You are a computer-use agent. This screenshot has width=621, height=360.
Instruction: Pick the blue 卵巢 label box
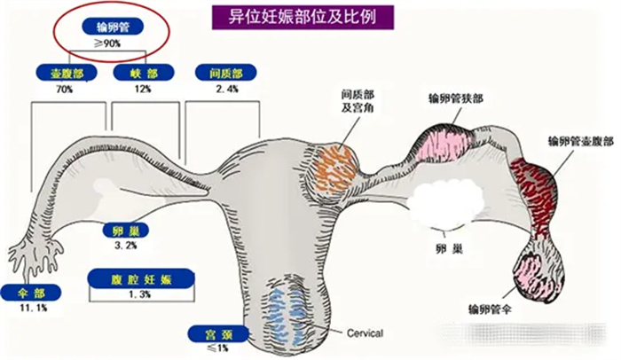tap(124, 231)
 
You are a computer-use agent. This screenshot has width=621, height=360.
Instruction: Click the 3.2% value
tap(124, 246)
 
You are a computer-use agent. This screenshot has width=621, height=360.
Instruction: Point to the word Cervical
tap(362, 333)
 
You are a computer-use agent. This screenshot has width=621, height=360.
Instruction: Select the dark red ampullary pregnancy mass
tap(545, 182)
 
